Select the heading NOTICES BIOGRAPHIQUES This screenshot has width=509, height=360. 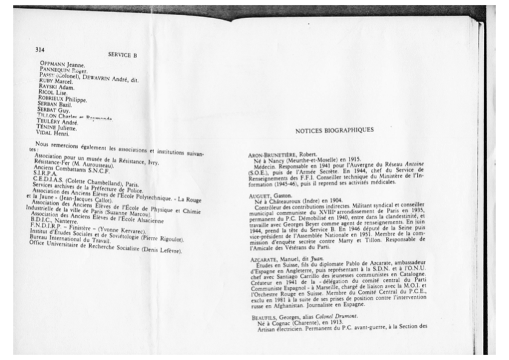pyautogui.click(x=334, y=130)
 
